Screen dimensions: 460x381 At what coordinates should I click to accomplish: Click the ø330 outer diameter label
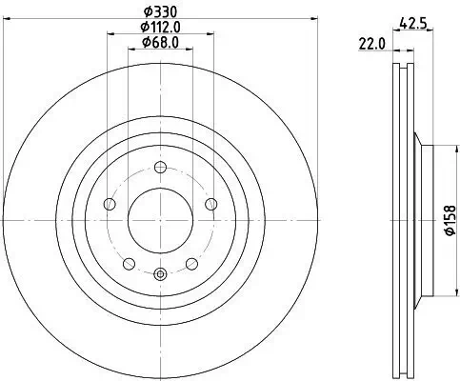[160, 12]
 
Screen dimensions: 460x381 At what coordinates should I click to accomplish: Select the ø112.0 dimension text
[160, 28]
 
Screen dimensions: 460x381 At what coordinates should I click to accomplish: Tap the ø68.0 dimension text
[160, 42]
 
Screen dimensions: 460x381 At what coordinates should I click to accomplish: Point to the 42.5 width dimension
[412, 23]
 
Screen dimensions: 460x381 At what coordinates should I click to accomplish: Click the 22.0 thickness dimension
[371, 44]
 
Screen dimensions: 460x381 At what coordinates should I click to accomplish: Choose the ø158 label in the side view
[450, 220]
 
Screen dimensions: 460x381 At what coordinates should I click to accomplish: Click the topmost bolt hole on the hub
[160, 168]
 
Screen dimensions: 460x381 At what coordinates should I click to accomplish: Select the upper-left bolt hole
[110, 204]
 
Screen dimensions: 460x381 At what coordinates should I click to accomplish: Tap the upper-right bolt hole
[211, 204]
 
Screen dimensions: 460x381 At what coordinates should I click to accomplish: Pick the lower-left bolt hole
[130, 264]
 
